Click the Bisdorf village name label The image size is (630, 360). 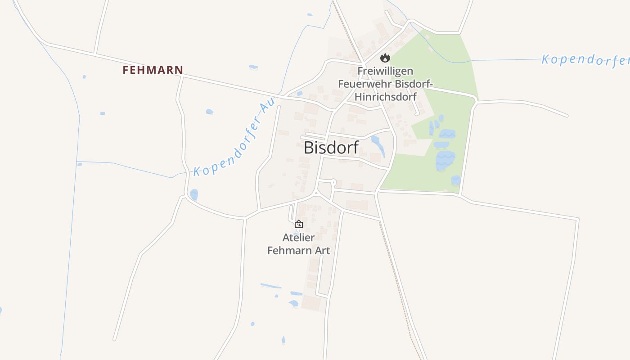coord(331,148)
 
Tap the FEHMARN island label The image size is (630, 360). coord(153,70)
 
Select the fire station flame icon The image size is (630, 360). coord(385,58)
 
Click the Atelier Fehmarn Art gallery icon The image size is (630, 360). coord(298,224)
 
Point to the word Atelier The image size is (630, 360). coord(298,237)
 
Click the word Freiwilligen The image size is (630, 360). coord(385,71)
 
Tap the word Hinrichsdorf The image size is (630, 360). coord(385,96)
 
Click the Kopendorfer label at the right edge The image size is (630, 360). coord(585,60)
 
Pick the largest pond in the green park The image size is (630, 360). coord(445,160)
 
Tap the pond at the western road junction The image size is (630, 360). coord(194,195)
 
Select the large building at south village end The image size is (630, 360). coord(311,303)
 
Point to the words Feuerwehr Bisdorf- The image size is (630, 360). coord(385,84)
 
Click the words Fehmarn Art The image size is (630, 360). coord(298,251)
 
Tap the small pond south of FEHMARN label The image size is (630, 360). coord(209,111)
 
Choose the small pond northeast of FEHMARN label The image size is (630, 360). coord(253,67)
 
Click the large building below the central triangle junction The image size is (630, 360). coord(357,205)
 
